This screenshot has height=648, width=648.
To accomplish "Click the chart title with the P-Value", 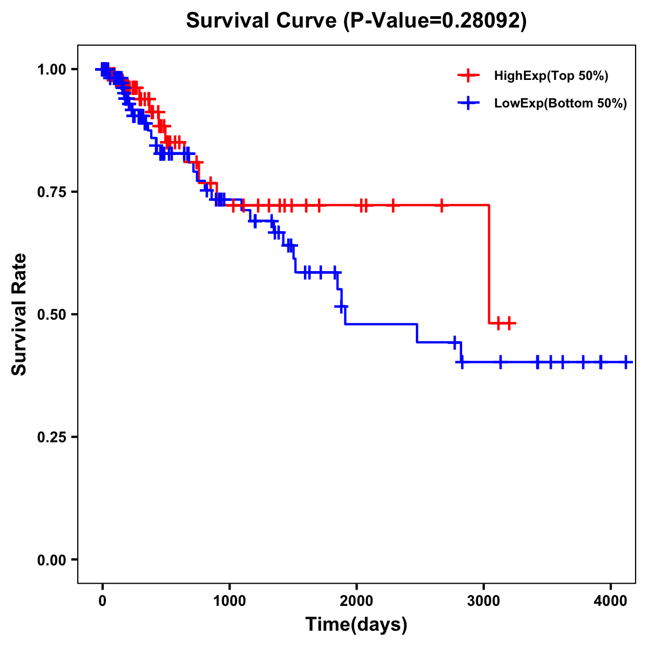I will point(356,21).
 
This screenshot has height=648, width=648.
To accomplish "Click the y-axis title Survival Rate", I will point(19,314).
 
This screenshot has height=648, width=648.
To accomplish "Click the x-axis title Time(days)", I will point(356,624).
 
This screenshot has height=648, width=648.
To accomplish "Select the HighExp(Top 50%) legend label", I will point(551,76).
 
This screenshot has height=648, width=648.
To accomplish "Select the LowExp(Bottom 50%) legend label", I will point(560,103).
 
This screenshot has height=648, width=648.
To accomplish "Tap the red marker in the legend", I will point(468,76).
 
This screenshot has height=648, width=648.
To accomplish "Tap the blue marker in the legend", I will point(468,103).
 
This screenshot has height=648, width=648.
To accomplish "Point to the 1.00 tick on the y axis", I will point(51,69).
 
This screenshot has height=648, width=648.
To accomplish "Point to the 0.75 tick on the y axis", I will point(51,192).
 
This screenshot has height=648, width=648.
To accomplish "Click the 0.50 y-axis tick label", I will point(51,314).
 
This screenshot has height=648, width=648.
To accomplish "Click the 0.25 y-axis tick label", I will point(51,437).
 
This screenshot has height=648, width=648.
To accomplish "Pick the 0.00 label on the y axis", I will point(51,559).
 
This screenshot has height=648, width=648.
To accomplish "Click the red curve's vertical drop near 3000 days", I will point(489,265).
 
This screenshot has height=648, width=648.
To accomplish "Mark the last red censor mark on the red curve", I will point(509,323).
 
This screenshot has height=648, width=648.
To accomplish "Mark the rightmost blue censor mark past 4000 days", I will point(626,362).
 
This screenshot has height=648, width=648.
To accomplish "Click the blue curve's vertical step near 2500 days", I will point(417,333).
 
